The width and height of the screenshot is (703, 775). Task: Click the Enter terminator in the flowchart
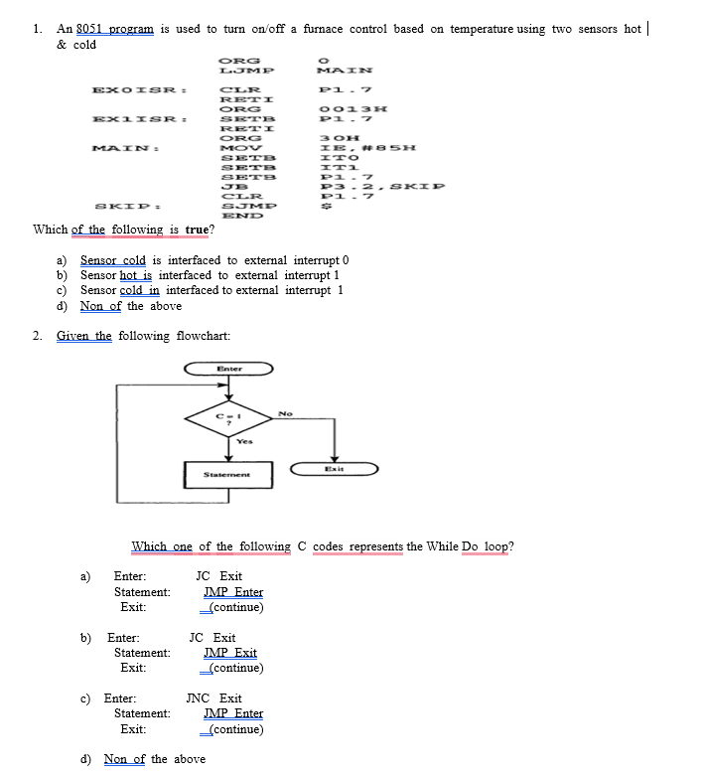228,369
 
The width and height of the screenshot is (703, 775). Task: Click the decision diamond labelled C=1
228,414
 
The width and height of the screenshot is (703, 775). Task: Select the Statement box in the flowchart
227,475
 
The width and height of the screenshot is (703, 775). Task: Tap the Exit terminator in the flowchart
334,468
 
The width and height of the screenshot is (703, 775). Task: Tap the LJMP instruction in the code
247,71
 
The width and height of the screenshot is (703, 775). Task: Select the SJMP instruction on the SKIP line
246,206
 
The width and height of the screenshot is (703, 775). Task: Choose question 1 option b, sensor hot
210,275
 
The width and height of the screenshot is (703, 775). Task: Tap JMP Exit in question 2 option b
229,653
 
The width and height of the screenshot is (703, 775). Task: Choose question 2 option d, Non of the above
154,759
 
